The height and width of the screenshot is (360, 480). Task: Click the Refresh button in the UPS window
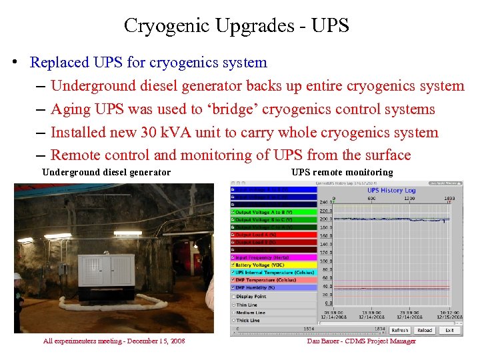400,330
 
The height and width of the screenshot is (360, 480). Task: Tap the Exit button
449,330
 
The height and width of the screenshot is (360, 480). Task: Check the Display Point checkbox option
233,297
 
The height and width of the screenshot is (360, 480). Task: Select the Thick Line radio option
233,321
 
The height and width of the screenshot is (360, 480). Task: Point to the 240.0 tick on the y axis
325,201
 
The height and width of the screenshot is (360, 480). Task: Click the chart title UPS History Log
392,191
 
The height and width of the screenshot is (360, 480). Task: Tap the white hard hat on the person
17,275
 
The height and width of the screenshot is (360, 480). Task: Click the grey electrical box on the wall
61,270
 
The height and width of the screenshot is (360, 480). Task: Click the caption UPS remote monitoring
342,173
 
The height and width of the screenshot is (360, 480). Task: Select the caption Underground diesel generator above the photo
106,173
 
